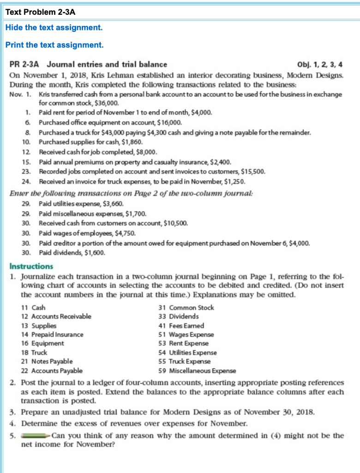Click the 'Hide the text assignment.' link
pos(54,28)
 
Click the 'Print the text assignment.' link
pos(54,45)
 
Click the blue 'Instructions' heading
pos(31,267)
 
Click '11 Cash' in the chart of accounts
pos(33,308)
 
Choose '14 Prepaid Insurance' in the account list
pos(52,334)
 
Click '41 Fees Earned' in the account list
pos(181,326)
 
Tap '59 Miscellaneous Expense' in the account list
pos(197,370)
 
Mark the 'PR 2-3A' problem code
pos(26,65)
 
